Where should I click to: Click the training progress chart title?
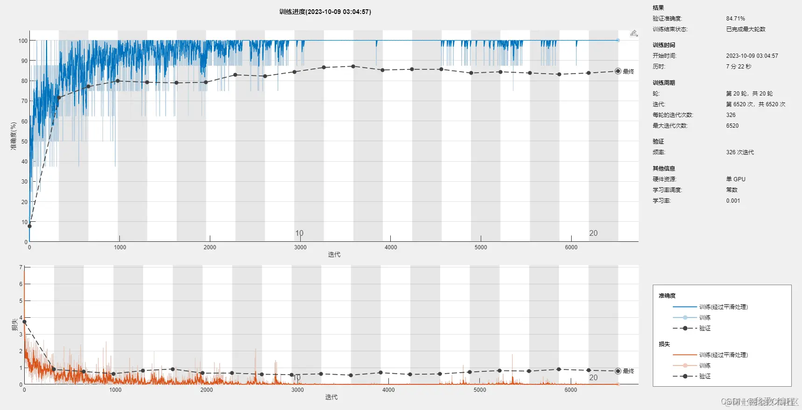pyautogui.click(x=325, y=12)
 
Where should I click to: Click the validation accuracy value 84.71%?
pyautogui.click(x=735, y=19)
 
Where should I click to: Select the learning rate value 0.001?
pyautogui.click(x=733, y=201)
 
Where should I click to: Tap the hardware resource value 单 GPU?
pyautogui.click(x=735, y=179)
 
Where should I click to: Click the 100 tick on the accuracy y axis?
pyautogui.click(x=23, y=41)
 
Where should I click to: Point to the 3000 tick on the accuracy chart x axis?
pyautogui.click(x=300, y=247)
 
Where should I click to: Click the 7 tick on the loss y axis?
pyautogui.click(x=21, y=267)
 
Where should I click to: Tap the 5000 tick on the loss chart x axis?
pyautogui.click(x=479, y=390)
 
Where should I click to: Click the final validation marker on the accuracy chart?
pyautogui.click(x=618, y=71)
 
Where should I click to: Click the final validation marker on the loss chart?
pyautogui.click(x=618, y=371)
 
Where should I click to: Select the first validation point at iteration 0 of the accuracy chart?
pyautogui.click(x=29, y=226)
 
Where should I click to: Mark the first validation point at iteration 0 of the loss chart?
pyautogui.click(x=24, y=322)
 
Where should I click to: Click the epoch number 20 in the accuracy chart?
pyautogui.click(x=593, y=233)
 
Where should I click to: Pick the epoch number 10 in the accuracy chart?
pyautogui.click(x=299, y=233)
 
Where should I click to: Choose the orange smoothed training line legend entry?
pyautogui.click(x=723, y=355)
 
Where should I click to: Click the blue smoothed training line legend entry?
pyautogui.click(x=723, y=307)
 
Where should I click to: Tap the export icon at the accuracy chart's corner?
pyautogui.click(x=634, y=33)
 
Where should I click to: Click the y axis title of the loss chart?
pyautogui.click(x=14, y=325)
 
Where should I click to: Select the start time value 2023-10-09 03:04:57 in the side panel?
pyautogui.click(x=752, y=56)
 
